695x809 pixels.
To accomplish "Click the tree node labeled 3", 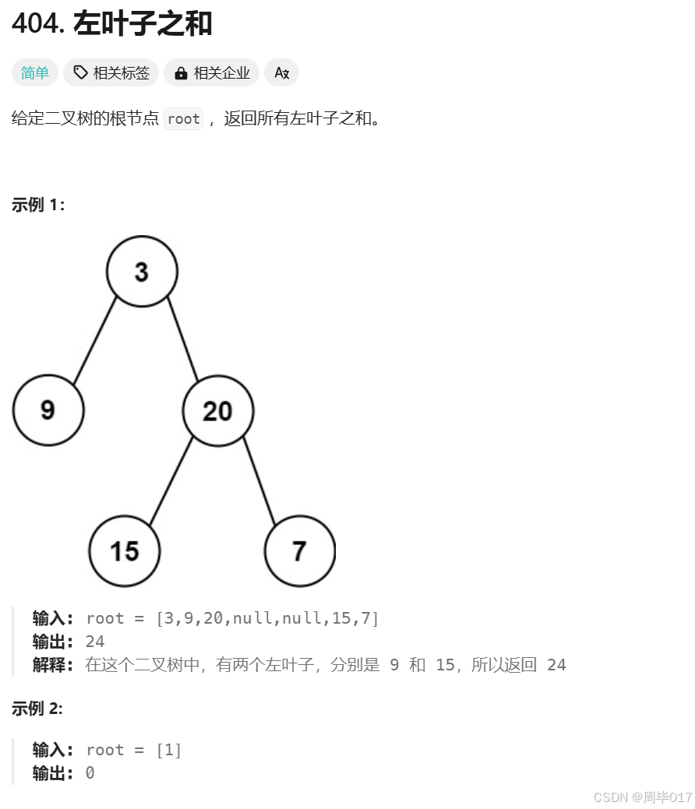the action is [x=142, y=272].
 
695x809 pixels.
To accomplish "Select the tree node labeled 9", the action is [x=48, y=410].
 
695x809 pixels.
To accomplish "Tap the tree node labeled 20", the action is [x=218, y=411].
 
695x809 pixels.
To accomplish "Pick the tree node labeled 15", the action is [x=125, y=551].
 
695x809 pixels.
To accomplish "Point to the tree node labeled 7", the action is [x=300, y=551].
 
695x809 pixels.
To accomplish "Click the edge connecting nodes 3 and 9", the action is [x=95, y=339].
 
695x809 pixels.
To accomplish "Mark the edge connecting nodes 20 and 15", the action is [x=171, y=480].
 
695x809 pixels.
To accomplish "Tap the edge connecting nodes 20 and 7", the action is [x=259, y=480].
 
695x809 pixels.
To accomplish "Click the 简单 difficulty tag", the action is [x=35, y=73].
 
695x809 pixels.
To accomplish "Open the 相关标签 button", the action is [x=111, y=73].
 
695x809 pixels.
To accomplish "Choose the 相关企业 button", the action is [x=213, y=73].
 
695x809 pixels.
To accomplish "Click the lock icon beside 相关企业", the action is [x=182, y=73].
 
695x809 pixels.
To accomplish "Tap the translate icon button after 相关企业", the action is [x=282, y=73].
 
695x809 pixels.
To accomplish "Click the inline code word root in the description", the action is [x=184, y=119].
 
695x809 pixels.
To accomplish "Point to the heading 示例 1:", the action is [x=38, y=205].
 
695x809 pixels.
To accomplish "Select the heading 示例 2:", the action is [x=37, y=709].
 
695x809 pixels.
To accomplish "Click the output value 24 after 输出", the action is [x=95, y=642].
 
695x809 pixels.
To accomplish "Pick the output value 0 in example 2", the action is [x=90, y=773].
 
